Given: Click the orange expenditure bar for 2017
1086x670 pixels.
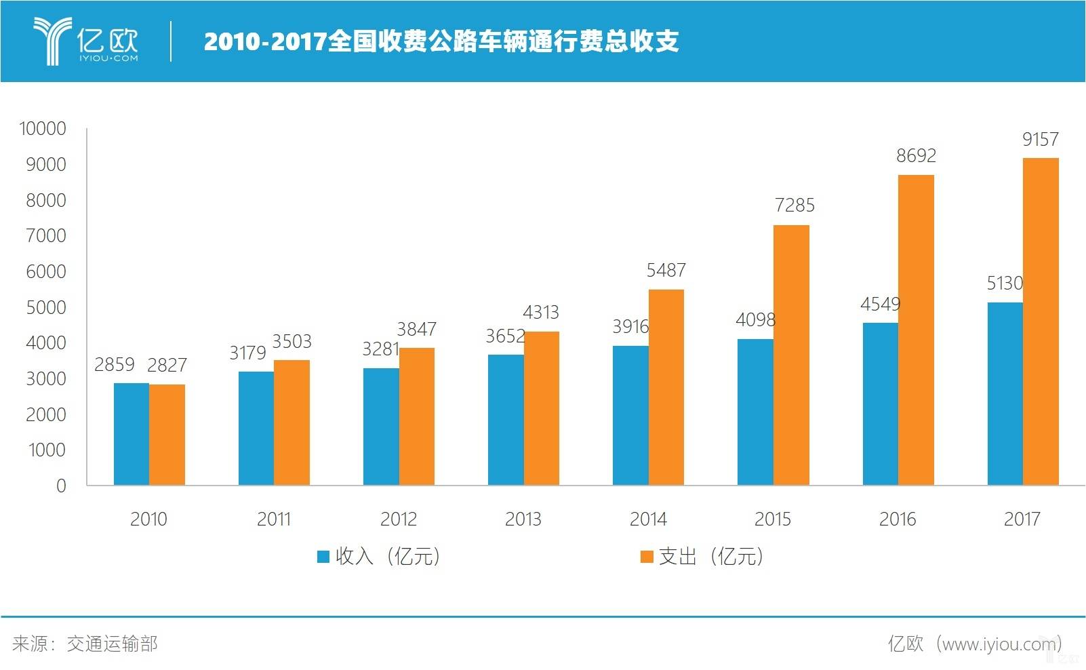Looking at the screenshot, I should coord(1041,321).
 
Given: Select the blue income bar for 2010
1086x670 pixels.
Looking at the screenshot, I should coord(131,434).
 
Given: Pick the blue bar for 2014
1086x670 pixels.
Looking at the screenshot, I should coord(630,415).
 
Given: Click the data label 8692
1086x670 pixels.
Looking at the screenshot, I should coord(916,156).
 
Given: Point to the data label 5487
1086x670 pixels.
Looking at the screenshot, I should coord(666,271).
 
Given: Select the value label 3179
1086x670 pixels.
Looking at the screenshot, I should coord(247,353).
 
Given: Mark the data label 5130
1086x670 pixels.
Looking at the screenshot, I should coord(1004,283).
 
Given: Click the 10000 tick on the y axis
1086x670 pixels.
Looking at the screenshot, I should coord(43,129).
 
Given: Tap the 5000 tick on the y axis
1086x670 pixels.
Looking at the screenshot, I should coord(46,307).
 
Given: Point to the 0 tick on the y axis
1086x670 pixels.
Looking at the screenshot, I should coord(61,486).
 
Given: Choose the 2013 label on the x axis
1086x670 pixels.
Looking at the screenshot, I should coord(523,519).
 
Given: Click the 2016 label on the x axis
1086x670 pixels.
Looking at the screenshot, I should coord(897,519).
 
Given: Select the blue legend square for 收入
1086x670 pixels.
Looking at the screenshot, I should coord(323,557).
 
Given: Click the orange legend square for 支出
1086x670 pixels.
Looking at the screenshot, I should coord(647,557).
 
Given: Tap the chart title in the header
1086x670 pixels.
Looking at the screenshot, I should coord(441,41).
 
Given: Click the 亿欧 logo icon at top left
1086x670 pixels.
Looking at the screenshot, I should coord(53,41).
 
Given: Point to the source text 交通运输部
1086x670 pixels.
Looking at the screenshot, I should coord(112,644).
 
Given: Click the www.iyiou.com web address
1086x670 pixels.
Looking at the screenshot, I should coord(999,644).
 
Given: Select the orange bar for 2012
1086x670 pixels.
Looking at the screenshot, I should coord(416,416).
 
